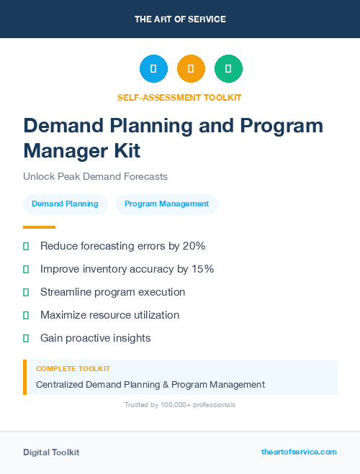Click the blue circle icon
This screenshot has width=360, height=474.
[x=153, y=68]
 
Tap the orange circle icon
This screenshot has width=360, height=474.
[x=191, y=68]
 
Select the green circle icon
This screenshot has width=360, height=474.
[x=228, y=68]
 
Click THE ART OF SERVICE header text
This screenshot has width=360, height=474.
[x=180, y=19]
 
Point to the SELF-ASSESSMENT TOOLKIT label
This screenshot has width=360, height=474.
[x=179, y=97]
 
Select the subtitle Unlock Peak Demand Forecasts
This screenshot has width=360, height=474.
[x=95, y=176]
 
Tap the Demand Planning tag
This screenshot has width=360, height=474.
[x=65, y=204]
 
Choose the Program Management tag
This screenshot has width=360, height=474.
[x=166, y=204]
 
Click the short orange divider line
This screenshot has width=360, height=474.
[x=39, y=227]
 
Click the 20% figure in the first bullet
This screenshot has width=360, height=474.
[x=194, y=246]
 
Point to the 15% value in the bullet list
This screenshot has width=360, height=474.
[x=202, y=269]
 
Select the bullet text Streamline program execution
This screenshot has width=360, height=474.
[x=112, y=292]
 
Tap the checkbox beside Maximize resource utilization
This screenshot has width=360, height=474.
[x=26, y=315]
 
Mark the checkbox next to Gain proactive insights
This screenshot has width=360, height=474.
[x=26, y=338]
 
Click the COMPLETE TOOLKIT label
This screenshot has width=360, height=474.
[x=73, y=369]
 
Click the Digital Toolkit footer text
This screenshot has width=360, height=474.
[x=51, y=452]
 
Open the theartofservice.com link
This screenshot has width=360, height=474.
[x=299, y=452]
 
